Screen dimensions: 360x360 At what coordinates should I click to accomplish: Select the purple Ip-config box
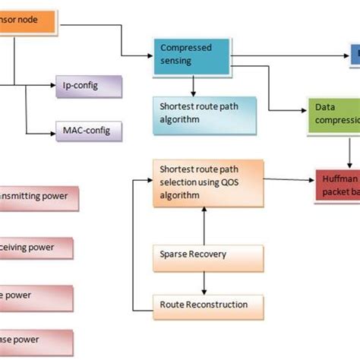pos(88,86)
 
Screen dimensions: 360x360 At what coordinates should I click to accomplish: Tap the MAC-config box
pos(87,131)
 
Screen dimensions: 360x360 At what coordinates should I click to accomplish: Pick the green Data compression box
pos(333,116)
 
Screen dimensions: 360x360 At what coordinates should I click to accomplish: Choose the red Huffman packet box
pos(336,185)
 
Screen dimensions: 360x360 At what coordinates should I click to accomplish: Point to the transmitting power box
pos(42,195)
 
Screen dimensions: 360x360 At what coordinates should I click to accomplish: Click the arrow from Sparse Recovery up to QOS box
pos(204,225)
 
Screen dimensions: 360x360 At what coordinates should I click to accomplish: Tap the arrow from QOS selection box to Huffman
pos(289,179)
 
